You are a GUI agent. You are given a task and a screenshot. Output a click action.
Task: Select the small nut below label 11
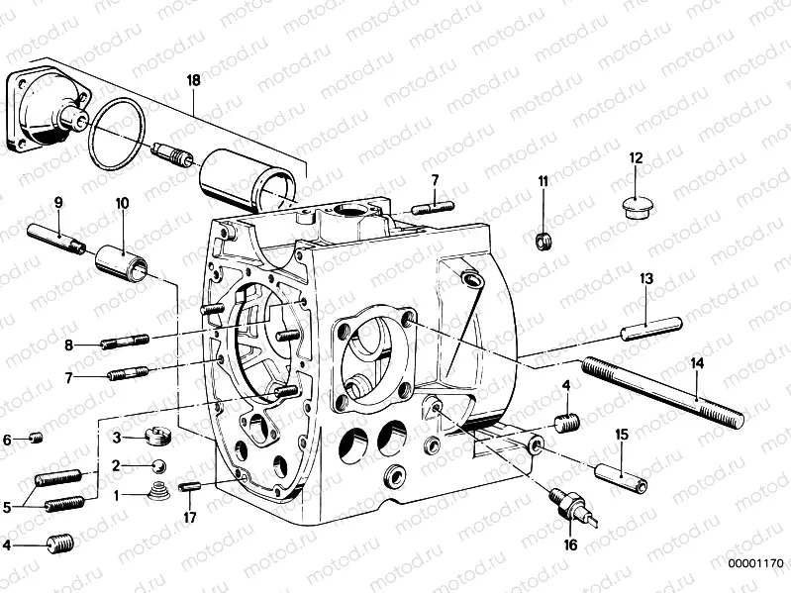point(543,241)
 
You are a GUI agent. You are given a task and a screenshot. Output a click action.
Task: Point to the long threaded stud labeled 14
point(660,394)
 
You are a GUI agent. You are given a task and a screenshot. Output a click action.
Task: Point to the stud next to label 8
point(126,343)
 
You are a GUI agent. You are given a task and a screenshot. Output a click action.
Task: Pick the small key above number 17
point(190,486)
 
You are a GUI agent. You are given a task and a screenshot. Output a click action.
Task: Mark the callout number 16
point(570,544)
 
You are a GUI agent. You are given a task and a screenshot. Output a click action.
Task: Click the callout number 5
point(9,507)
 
